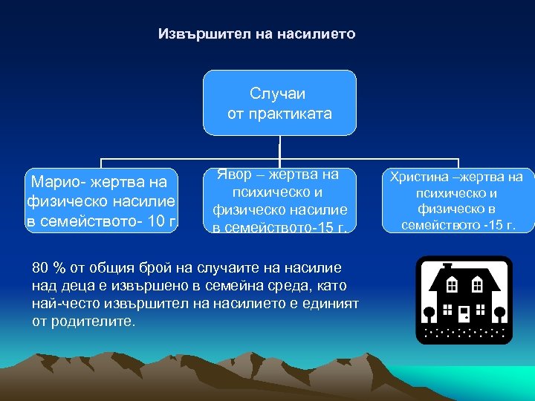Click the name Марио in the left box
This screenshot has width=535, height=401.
(52, 182)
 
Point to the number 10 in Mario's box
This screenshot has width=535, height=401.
(155, 221)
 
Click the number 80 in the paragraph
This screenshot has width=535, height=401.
(41, 267)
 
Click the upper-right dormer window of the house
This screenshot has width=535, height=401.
(477, 285)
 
